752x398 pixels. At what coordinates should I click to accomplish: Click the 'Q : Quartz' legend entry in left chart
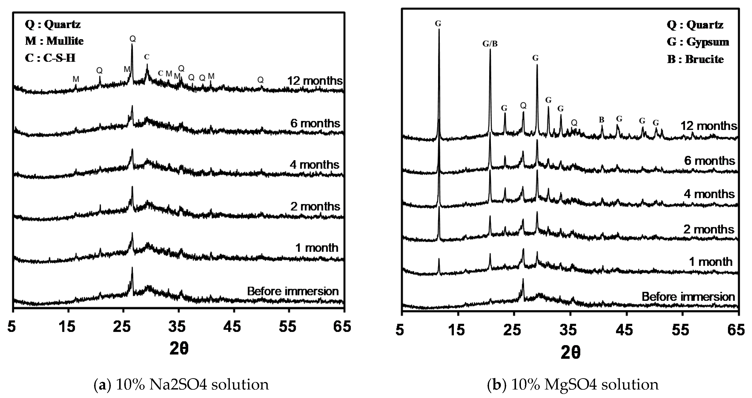[x=53, y=24]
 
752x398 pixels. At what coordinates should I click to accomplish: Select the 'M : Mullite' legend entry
[x=54, y=41]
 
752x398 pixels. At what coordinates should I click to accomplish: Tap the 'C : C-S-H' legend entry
[x=50, y=58]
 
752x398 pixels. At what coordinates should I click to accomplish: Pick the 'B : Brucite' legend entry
[x=695, y=59]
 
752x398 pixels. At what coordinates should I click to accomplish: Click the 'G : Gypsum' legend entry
[x=698, y=42]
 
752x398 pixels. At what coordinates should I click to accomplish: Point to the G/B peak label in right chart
[x=490, y=44]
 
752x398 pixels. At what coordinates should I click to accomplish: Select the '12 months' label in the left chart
[x=315, y=81]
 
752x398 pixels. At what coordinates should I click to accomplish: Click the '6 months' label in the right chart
[x=709, y=161]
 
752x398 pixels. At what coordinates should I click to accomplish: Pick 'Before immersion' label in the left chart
[x=293, y=291]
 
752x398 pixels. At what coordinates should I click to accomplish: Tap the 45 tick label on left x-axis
[x=232, y=327]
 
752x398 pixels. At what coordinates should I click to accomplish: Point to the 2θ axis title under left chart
[x=179, y=349]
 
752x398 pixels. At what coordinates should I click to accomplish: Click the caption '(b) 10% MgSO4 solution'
[x=573, y=385]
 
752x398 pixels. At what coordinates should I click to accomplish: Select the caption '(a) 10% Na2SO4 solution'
[x=181, y=385]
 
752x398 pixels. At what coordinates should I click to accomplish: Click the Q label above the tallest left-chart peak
[x=133, y=39]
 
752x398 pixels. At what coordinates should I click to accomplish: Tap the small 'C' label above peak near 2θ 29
[x=147, y=57]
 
